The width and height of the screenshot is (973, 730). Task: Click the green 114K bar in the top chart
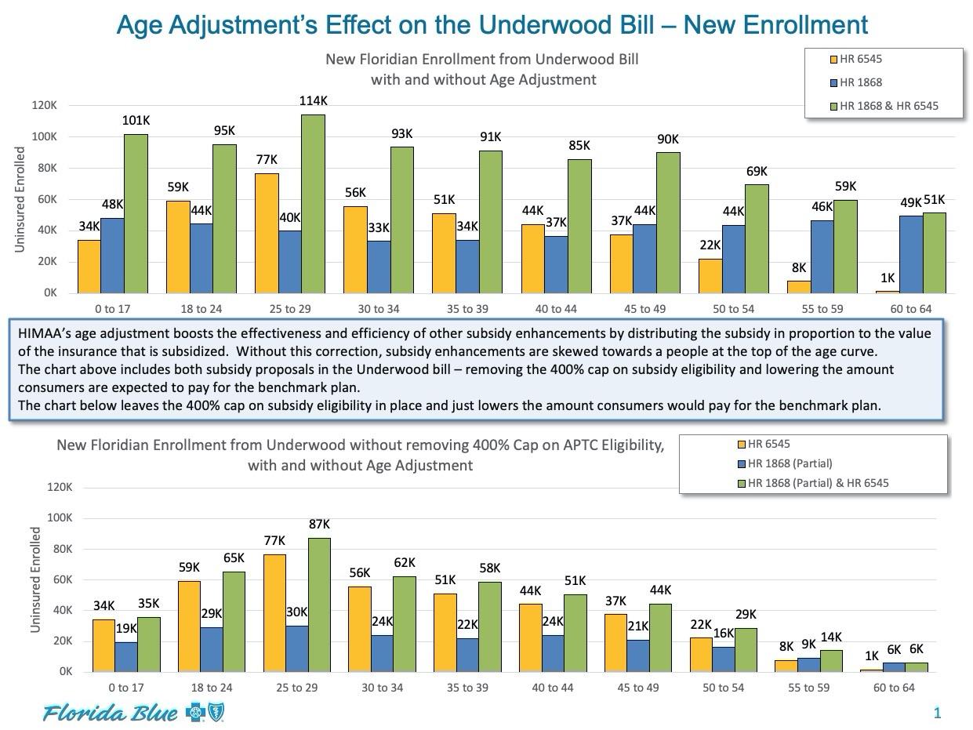(x=313, y=204)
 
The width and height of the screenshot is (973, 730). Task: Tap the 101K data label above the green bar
(x=136, y=121)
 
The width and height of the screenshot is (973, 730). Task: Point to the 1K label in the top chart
(x=888, y=278)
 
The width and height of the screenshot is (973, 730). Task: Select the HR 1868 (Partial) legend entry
(x=790, y=463)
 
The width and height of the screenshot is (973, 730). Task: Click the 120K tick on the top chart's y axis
(x=45, y=106)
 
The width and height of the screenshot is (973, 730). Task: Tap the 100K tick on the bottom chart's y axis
(x=60, y=518)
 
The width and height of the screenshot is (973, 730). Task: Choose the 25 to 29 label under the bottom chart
(x=297, y=688)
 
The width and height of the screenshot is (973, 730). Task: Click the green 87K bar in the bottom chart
(x=319, y=605)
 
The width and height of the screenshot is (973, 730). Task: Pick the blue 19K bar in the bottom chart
(x=126, y=656)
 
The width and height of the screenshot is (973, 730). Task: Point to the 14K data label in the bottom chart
(x=831, y=637)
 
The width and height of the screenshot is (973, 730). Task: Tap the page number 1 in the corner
(x=937, y=713)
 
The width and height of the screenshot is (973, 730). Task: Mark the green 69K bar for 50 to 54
(x=757, y=238)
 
